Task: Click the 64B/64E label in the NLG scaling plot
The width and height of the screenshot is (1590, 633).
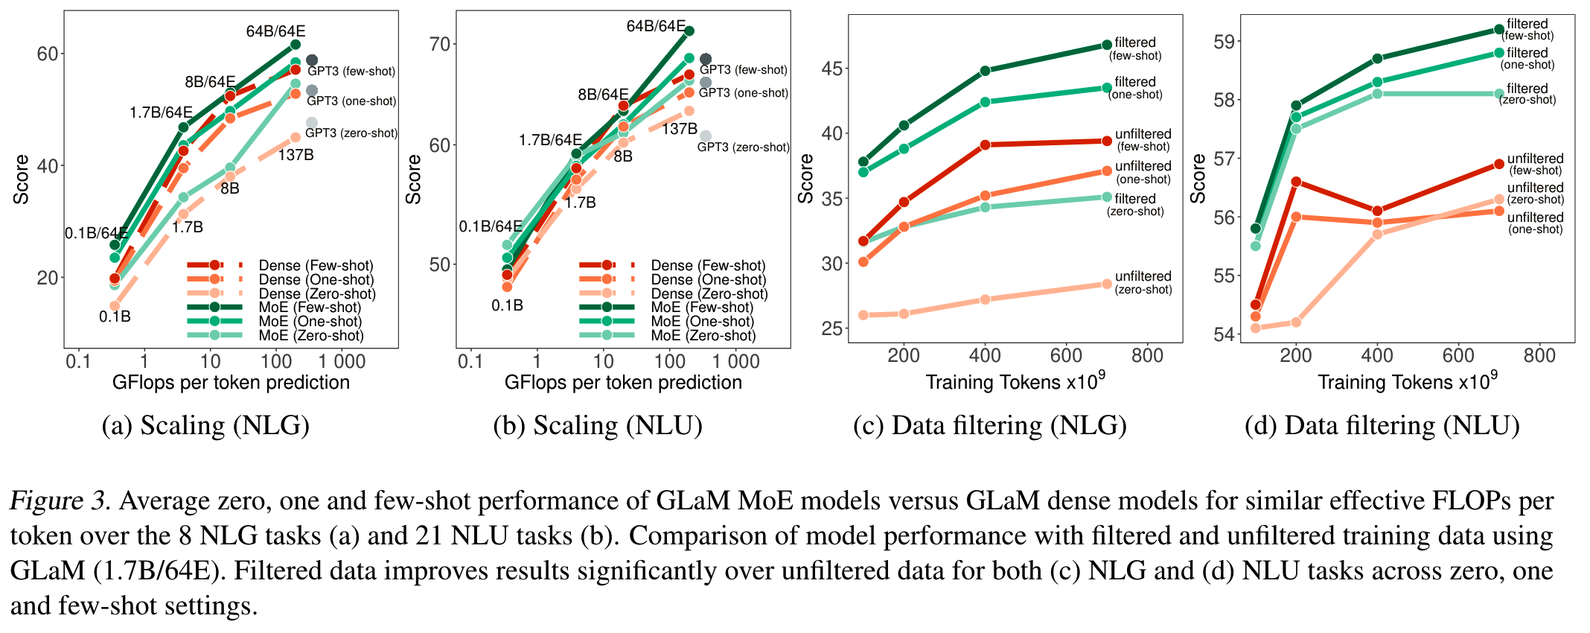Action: tap(275, 31)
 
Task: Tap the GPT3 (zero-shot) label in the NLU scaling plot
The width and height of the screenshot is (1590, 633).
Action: tap(743, 147)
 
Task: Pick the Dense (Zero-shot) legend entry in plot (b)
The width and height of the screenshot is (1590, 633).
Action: tap(709, 294)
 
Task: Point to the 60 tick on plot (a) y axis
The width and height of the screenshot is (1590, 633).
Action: tap(47, 54)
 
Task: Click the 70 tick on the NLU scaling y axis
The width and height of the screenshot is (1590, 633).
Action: tap(440, 44)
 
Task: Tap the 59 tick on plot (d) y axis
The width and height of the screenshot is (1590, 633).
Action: tap(1225, 42)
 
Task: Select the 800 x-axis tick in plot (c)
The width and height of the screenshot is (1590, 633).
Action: tap(1147, 356)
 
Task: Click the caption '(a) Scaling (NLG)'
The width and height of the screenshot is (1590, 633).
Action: tap(205, 425)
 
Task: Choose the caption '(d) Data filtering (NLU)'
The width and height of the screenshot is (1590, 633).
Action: tap(1382, 425)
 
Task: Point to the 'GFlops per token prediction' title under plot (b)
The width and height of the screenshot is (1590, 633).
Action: tap(623, 382)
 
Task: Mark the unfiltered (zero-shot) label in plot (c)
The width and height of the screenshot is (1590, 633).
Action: tap(1143, 282)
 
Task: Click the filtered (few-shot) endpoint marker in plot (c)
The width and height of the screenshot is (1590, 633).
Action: tap(1107, 45)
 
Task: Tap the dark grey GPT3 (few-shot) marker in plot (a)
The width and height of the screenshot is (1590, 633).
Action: tap(312, 60)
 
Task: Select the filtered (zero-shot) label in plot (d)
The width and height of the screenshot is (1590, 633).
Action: tap(1527, 94)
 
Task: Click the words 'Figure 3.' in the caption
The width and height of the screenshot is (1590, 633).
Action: tap(60, 501)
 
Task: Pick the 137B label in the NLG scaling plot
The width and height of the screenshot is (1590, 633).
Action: tap(296, 155)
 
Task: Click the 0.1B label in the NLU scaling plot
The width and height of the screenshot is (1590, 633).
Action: tap(507, 305)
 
